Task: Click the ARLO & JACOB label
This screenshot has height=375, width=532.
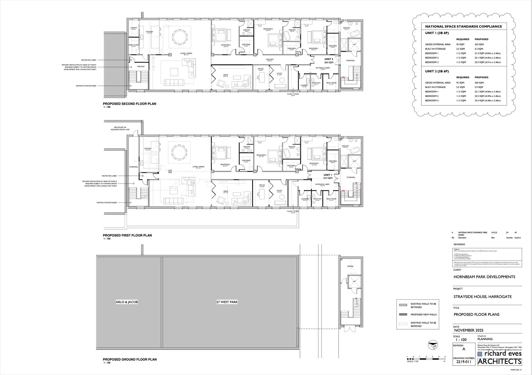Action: coord(127,302)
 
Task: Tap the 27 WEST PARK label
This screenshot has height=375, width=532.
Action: coord(227,302)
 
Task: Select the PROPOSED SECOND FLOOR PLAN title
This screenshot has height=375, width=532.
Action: coord(129,104)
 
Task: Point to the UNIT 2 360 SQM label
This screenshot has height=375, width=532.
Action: coord(329,61)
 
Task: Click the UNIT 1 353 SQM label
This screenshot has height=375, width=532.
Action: coord(328,176)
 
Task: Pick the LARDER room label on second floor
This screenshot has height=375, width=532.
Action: coord(134,28)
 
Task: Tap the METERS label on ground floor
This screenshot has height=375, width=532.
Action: coord(350,266)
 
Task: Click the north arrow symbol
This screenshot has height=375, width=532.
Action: coord(432,345)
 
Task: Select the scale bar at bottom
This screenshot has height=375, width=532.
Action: coord(426,359)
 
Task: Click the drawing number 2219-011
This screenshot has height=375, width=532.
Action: coord(464,362)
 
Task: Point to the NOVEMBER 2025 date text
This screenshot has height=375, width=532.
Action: coord(468,330)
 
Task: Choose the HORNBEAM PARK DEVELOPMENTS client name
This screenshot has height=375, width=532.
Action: coord(484,277)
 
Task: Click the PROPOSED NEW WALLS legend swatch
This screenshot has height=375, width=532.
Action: coord(403,314)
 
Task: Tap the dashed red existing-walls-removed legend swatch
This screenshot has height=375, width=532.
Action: coord(403,324)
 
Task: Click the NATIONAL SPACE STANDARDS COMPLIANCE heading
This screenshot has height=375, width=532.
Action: coord(463,27)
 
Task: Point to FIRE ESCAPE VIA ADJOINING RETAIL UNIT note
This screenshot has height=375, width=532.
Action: coord(120,128)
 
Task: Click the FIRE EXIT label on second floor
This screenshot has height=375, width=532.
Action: coord(141,67)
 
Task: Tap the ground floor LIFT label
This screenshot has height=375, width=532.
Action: coord(354,282)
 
